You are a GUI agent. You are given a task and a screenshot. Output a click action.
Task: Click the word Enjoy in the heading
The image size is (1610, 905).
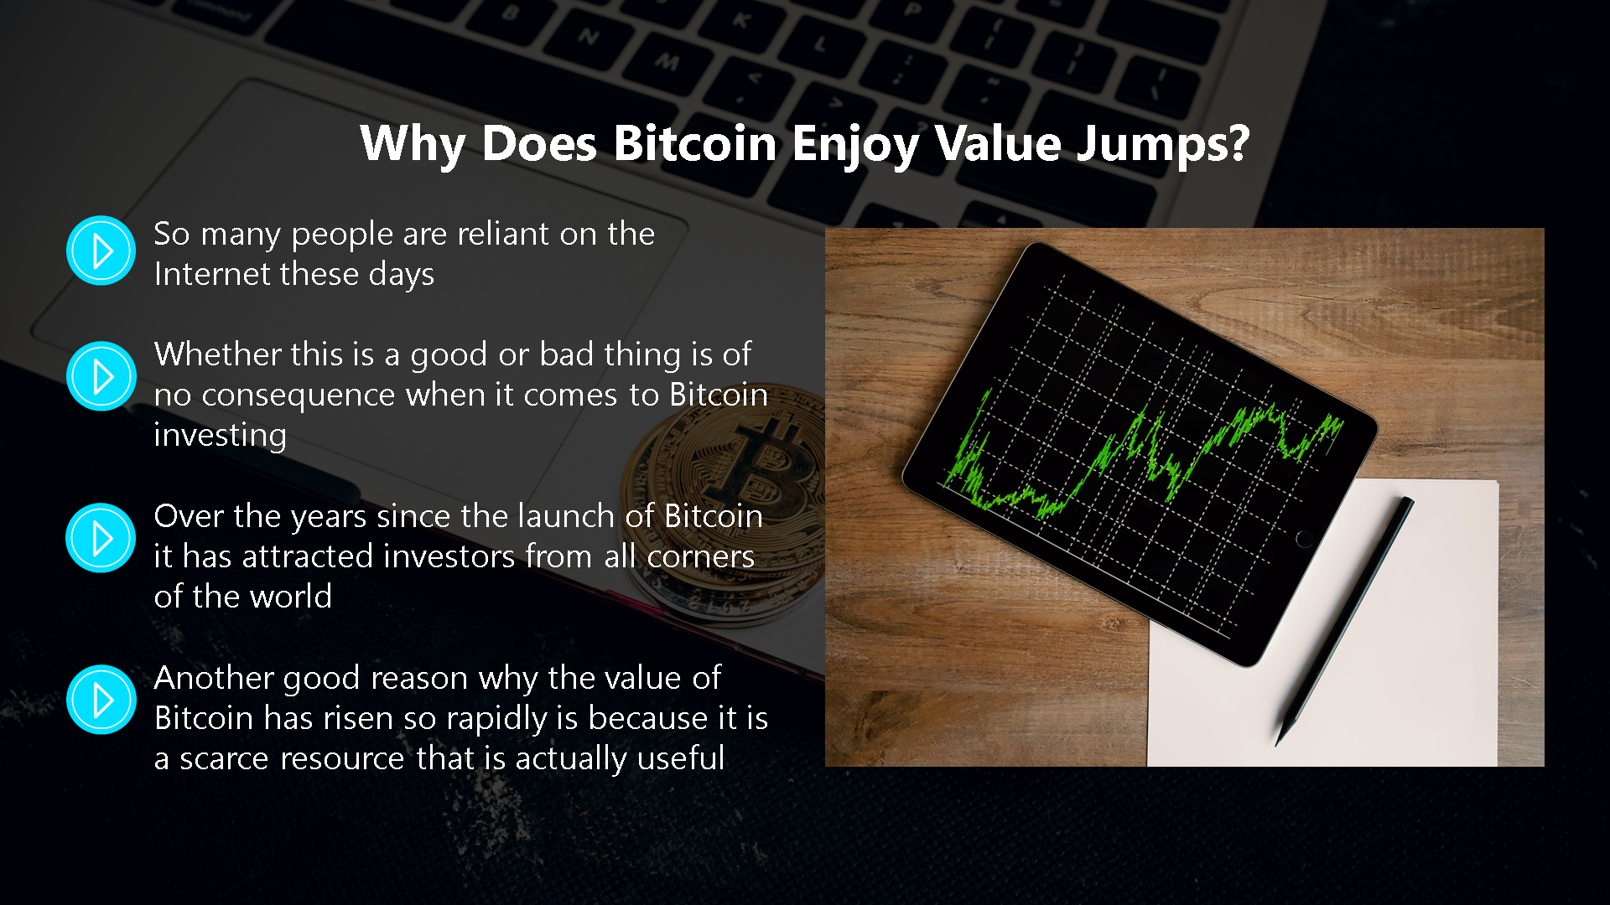pyautogui.click(x=855, y=144)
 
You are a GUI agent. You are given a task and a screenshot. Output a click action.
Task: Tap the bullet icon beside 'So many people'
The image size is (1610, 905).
pyautogui.click(x=101, y=251)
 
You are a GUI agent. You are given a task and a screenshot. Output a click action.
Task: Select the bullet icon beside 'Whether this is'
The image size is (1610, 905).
pyautogui.click(x=101, y=376)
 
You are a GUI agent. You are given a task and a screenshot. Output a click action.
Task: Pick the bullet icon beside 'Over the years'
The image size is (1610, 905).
pyautogui.click(x=101, y=538)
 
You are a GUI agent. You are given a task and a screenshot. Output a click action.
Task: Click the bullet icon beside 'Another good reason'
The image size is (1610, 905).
pyautogui.click(x=101, y=700)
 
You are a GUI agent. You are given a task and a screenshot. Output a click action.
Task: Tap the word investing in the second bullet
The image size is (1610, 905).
pyautogui.click(x=221, y=436)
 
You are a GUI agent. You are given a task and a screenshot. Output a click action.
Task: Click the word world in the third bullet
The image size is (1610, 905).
pyautogui.click(x=291, y=597)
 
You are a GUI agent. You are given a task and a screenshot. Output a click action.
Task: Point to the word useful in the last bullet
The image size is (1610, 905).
pyautogui.click(x=681, y=758)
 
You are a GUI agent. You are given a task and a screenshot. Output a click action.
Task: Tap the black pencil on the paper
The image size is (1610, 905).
pyautogui.click(x=1344, y=621)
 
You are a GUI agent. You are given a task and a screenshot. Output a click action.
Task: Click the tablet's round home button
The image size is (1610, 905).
pyautogui.click(x=1305, y=539)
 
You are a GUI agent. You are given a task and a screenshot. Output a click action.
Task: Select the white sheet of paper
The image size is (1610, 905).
pyautogui.click(x=1322, y=623)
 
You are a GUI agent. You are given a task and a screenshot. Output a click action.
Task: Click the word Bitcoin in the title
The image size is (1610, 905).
pyautogui.click(x=695, y=143)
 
